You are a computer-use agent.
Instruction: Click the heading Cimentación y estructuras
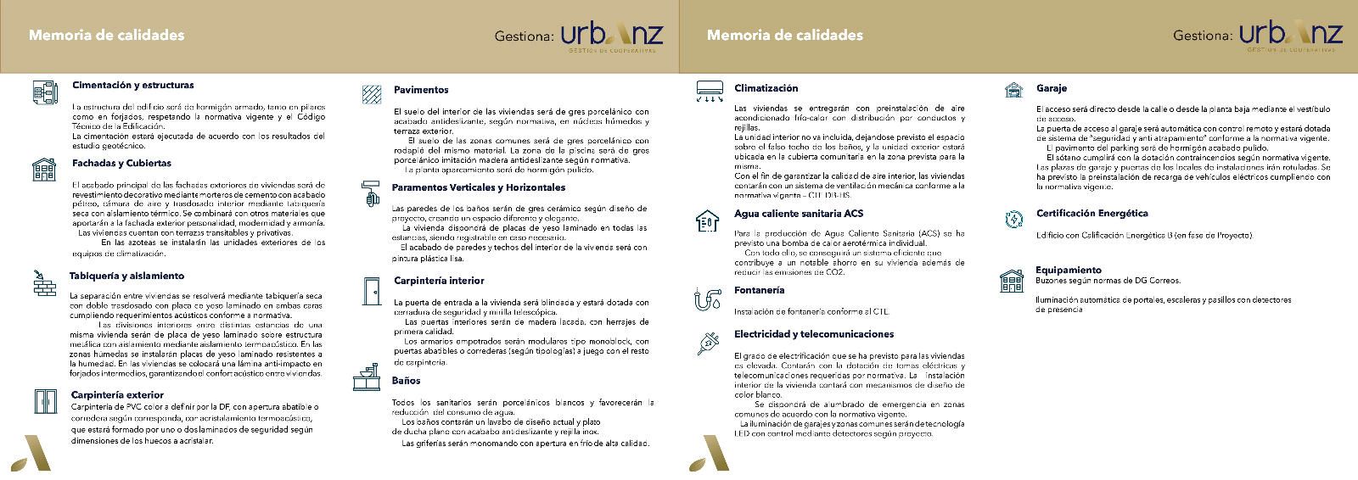[x=132, y=85]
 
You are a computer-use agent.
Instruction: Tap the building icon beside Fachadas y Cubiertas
[x=43, y=169]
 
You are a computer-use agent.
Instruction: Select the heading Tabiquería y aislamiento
[x=126, y=276]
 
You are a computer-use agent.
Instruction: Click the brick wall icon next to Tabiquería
[x=43, y=282]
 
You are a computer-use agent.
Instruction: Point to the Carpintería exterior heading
[x=117, y=394]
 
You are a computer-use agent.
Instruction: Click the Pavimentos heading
[x=421, y=89]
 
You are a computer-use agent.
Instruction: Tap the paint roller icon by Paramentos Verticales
[x=370, y=193]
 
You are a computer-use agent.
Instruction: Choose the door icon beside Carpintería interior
[x=370, y=290]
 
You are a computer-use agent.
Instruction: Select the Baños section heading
[x=406, y=381]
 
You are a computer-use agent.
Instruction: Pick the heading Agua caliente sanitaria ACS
[x=798, y=214]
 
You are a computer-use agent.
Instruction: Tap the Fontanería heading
[x=759, y=290]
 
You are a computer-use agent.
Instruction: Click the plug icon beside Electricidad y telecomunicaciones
[x=707, y=342]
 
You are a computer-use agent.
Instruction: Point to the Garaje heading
[x=1051, y=88]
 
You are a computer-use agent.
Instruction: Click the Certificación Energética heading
[x=1091, y=214]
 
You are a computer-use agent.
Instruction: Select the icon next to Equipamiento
[x=1011, y=280]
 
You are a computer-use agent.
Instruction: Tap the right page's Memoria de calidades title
[x=784, y=35]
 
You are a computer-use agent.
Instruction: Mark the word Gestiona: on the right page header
[x=1203, y=36]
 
